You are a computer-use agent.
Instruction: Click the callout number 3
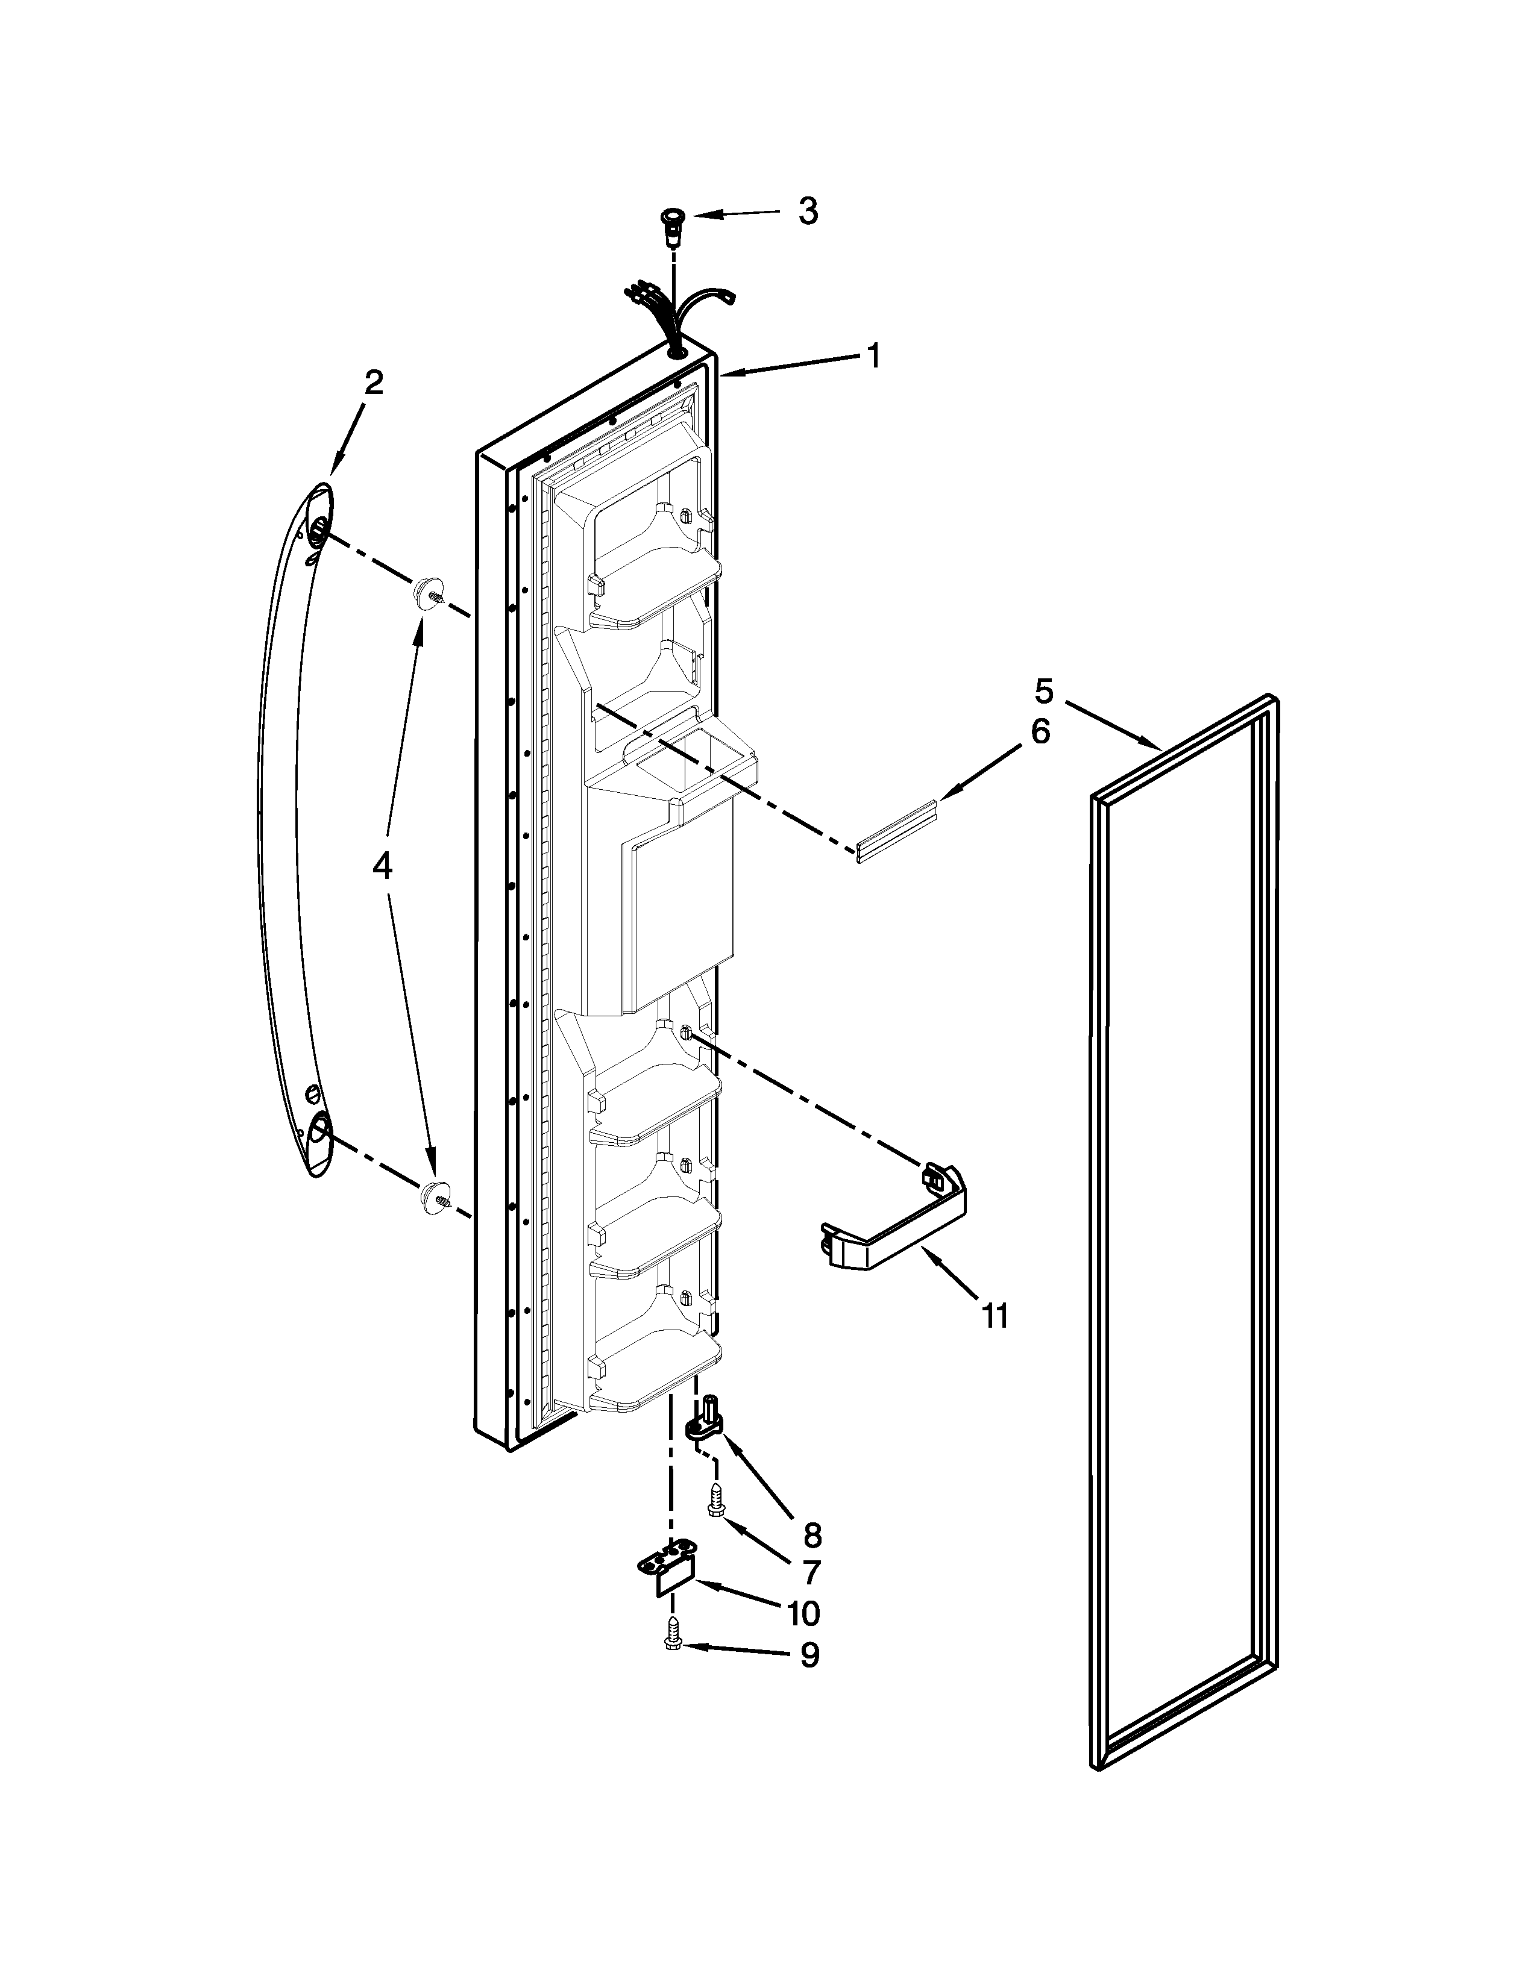click(x=808, y=211)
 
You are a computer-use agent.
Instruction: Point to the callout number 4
click(x=382, y=866)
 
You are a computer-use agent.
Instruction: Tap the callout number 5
click(x=1043, y=691)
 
